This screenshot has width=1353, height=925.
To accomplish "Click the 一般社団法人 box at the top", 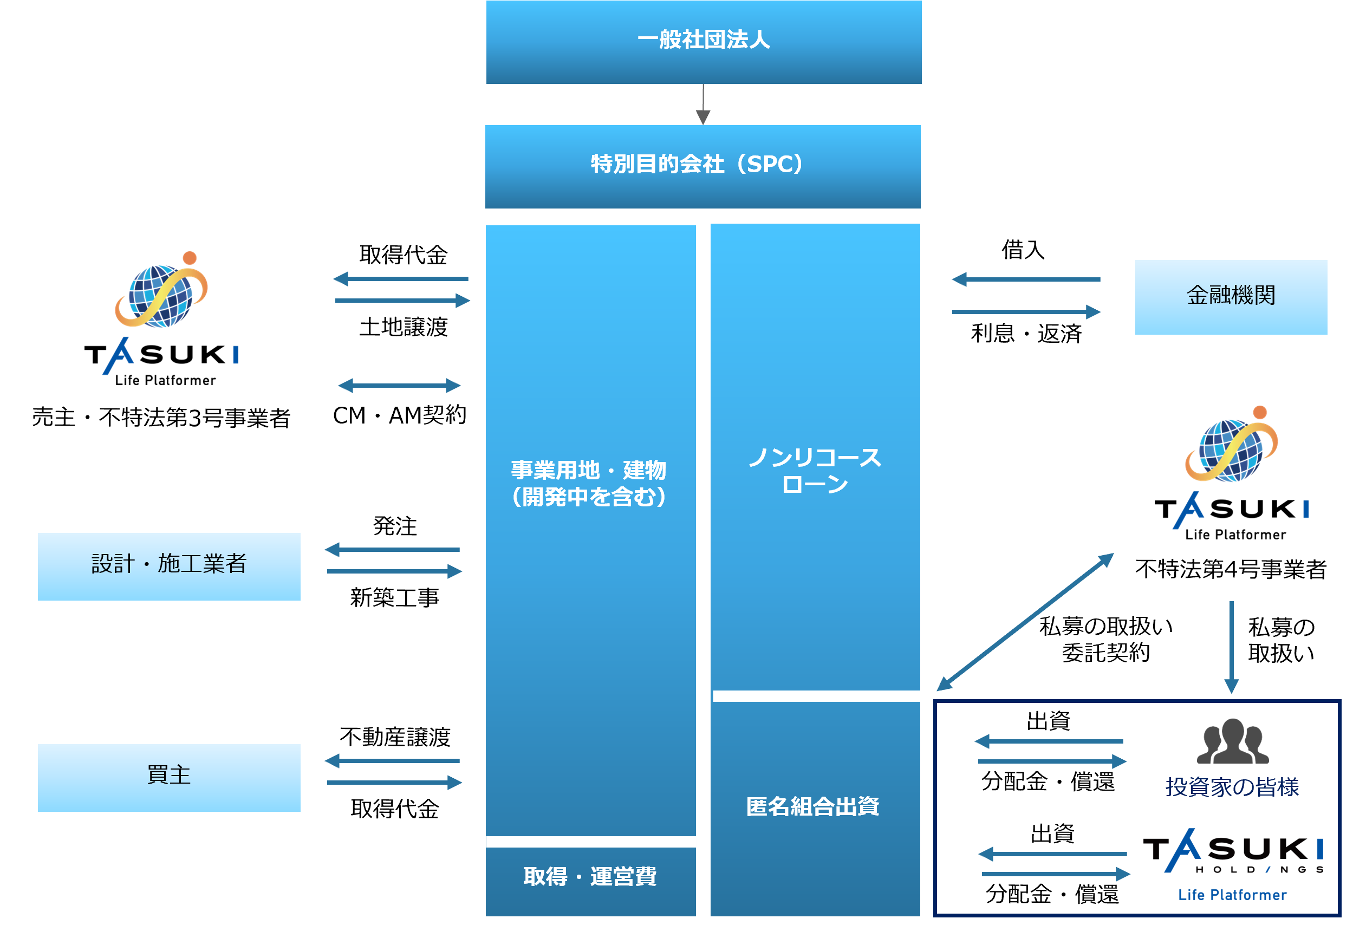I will tap(703, 41).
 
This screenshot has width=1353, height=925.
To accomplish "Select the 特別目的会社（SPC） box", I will tap(702, 166).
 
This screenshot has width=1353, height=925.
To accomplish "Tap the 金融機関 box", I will tap(1231, 296).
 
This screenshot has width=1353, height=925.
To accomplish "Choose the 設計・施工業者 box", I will tap(169, 566).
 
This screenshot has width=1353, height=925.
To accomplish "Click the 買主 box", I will tap(169, 777).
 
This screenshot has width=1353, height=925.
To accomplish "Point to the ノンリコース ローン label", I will tap(815, 471).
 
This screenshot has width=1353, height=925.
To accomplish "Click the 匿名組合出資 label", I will tap(813, 806).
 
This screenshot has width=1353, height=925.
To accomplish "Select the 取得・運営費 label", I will tap(590, 876).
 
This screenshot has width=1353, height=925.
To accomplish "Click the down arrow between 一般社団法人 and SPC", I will tap(703, 105).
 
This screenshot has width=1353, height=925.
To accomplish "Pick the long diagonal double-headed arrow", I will tap(1025, 622).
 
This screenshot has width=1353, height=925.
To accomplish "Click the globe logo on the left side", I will tap(161, 291).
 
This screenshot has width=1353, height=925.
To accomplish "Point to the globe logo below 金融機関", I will tap(1232, 445).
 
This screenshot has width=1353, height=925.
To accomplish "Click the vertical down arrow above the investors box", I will tap(1231, 646).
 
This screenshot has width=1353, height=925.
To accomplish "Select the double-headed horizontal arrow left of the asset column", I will tap(399, 386).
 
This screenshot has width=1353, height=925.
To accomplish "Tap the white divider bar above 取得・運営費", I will tap(591, 842).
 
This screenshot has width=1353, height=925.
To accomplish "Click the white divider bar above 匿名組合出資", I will tap(817, 696).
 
